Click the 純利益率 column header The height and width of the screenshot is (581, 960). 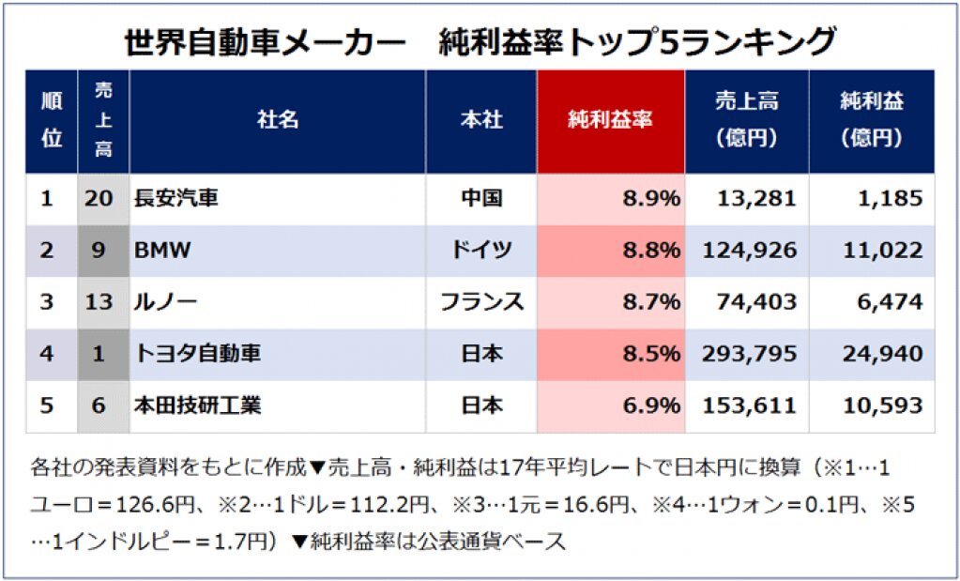[611, 120]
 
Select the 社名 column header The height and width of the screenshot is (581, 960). [278, 120]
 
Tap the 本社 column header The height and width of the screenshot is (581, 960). [481, 120]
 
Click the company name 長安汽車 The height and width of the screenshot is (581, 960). [177, 199]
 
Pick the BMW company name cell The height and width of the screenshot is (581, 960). [163, 251]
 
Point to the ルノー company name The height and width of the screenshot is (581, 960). [166, 302]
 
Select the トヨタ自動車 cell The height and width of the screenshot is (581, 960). [198, 354]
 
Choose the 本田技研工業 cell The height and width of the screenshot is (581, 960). [198, 405]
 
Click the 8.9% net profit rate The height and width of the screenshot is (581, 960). [650, 199]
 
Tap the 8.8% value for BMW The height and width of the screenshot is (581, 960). [650, 251]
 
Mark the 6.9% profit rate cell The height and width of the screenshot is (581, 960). [650, 405]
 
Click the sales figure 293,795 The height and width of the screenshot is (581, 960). [749, 354]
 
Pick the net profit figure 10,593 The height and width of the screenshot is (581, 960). [882, 405]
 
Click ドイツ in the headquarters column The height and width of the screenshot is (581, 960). [481, 251]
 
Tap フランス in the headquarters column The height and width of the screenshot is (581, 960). [481, 302]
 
